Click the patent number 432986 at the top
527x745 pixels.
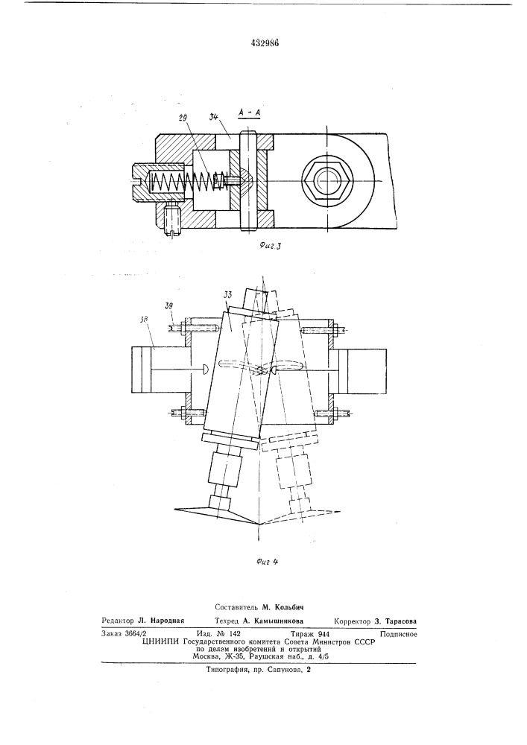click(264, 42)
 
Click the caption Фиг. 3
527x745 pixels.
click(271, 246)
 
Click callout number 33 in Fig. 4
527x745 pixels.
click(227, 296)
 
